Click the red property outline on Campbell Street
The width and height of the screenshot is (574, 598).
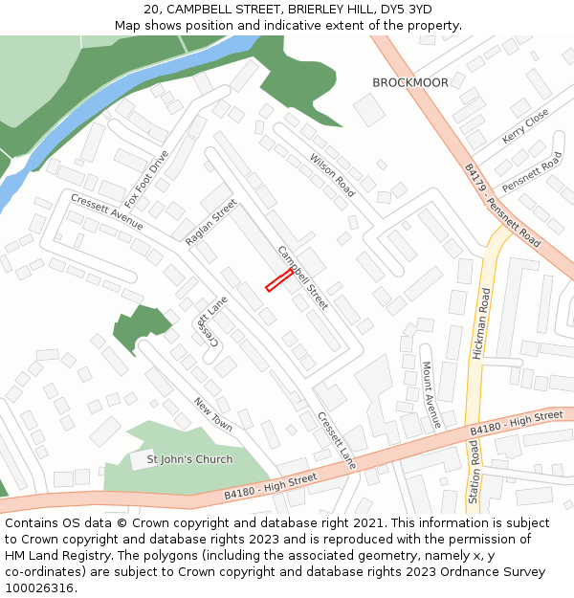[x=278, y=279]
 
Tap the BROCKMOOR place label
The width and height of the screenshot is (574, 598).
[x=409, y=83]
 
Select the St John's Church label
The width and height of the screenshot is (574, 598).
[x=189, y=459]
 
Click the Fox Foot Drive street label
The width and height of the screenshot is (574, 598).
[x=146, y=179]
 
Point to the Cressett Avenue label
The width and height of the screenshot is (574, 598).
[x=106, y=211]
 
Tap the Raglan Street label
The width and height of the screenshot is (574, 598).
[x=210, y=223]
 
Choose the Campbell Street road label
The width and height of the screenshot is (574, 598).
[x=302, y=277]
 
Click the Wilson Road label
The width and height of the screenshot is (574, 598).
[x=331, y=174]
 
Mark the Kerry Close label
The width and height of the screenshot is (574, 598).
[x=525, y=125]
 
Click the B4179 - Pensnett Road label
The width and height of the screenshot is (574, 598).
[x=502, y=206]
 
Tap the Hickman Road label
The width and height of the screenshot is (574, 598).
[x=481, y=325]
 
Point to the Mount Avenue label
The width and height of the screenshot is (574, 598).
[x=430, y=393]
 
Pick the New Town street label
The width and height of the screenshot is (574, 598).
[x=212, y=414]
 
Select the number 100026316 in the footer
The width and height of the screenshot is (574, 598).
[x=39, y=587]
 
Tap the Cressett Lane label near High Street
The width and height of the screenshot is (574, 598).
[x=336, y=440]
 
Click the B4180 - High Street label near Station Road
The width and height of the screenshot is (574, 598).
[x=517, y=424]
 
